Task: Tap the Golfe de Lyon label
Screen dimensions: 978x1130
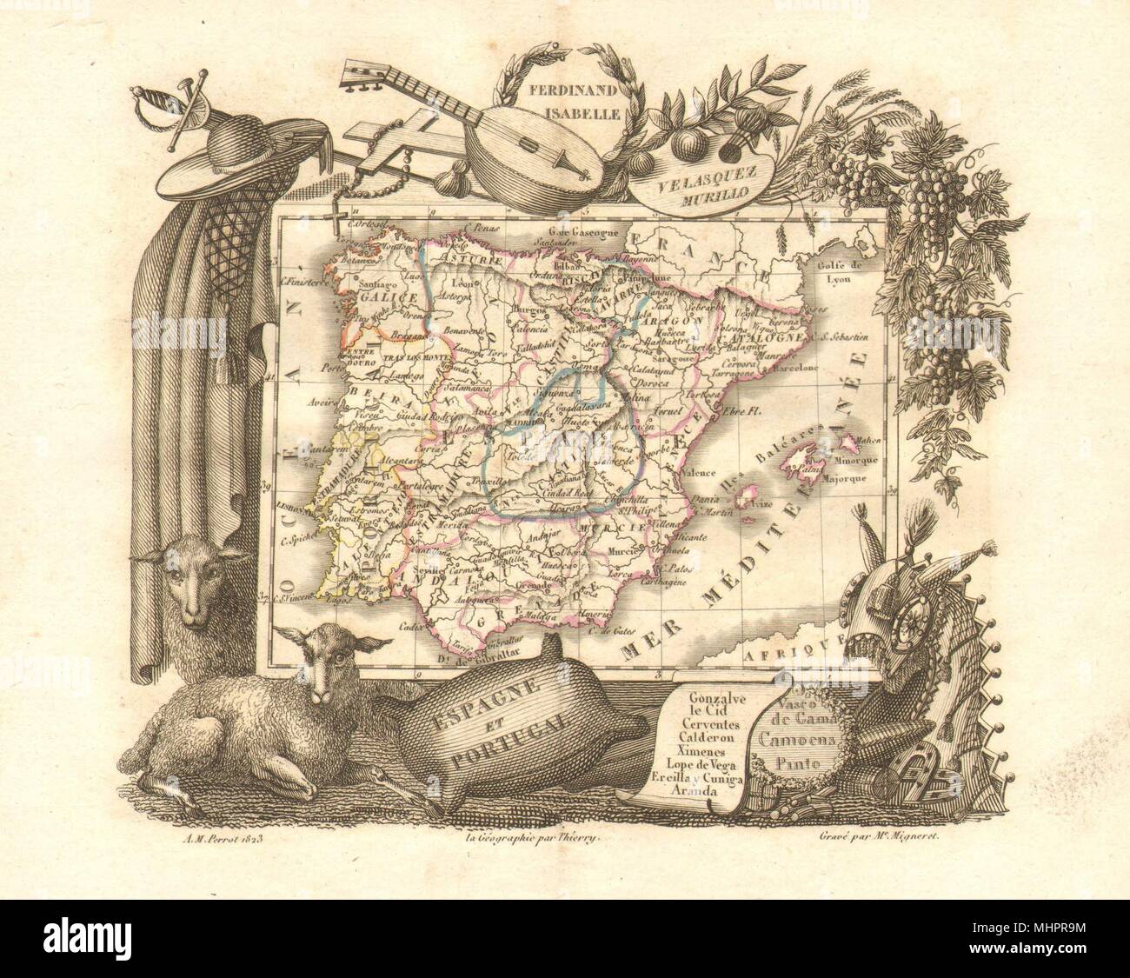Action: click(839, 248)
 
